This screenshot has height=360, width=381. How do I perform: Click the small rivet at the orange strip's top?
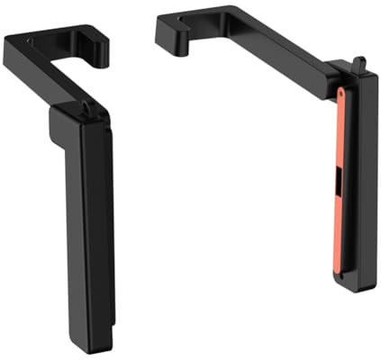click(342, 92)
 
